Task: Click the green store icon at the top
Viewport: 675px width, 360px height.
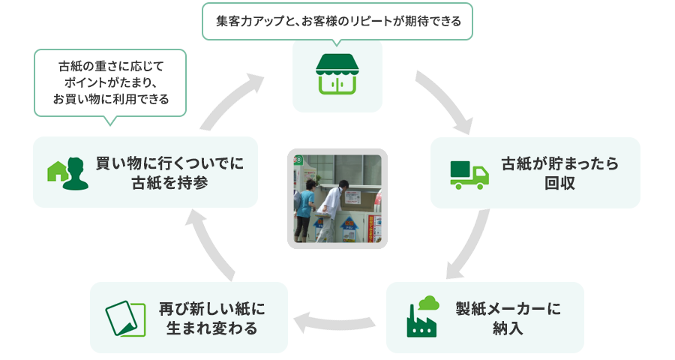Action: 337,75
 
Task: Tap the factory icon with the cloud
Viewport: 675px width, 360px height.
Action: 422,318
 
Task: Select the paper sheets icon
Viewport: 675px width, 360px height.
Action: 125,318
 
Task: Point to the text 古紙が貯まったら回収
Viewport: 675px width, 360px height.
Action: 559,172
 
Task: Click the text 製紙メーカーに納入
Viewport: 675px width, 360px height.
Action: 508,318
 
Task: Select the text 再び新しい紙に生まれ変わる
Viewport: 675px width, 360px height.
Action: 212,318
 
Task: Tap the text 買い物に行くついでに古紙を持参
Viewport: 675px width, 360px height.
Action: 169,172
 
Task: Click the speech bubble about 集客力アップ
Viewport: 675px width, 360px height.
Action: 337,21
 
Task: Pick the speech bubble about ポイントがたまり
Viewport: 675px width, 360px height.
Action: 110,82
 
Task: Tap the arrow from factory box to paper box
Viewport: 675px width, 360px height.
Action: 337,321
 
